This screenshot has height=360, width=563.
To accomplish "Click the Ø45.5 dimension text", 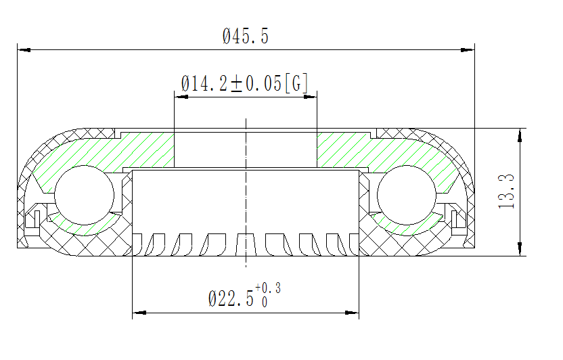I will [x=246, y=37].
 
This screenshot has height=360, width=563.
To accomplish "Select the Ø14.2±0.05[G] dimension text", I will [x=245, y=84].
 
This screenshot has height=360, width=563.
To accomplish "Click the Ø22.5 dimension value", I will [x=231, y=298].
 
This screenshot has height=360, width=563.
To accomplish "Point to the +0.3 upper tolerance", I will [x=268, y=289].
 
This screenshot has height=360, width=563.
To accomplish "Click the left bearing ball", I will [x=85, y=194].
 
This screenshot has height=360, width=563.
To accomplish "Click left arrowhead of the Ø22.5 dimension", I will [x=139, y=313].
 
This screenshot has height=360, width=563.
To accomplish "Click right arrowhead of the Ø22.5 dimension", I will [x=351, y=313].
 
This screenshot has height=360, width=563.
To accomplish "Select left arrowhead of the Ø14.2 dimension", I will [x=181, y=97].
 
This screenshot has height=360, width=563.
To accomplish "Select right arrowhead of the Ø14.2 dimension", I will [x=309, y=97].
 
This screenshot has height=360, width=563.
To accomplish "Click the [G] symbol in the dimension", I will [x=297, y=84].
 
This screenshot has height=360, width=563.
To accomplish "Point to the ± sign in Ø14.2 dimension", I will [x=237, y=85].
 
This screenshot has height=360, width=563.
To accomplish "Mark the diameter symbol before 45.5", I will [x=227, y=37].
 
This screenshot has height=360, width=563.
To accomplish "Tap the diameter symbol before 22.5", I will [x=213, y=298].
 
